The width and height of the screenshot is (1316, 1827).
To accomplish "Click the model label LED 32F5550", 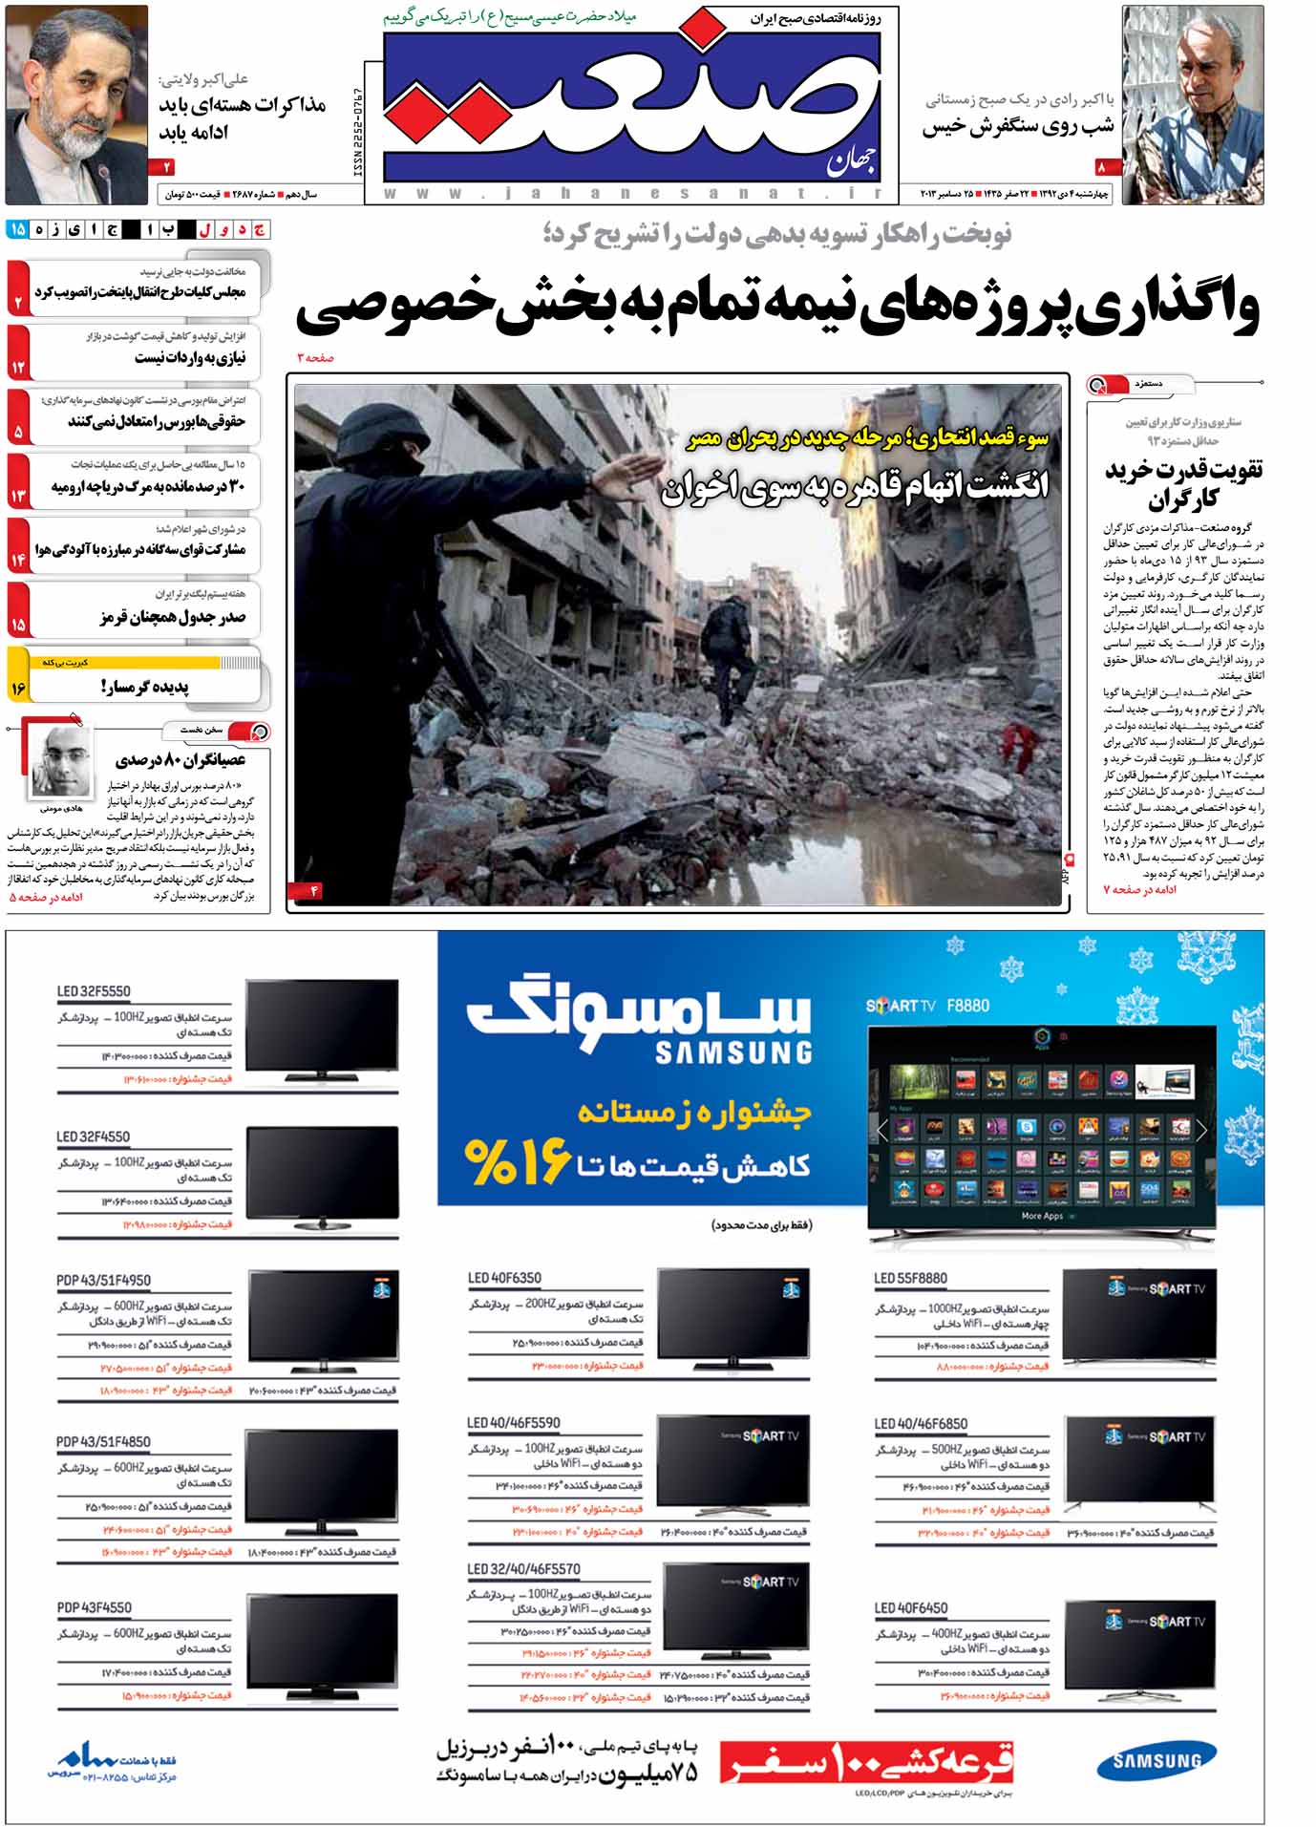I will [x=94, y=991].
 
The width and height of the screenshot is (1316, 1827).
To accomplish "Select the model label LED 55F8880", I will [x=910, y=1278].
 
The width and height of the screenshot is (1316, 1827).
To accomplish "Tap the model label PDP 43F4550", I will [x=94, y=1607].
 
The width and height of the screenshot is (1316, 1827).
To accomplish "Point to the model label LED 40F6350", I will [x=504, y=1278].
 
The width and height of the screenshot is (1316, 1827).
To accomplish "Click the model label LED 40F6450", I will [x=911, y=1607].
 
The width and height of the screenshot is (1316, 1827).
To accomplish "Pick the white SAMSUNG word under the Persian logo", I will [x=733, y=1052].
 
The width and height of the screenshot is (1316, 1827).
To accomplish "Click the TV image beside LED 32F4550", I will [x=322, y=1178].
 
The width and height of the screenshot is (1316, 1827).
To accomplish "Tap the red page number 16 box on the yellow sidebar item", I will [x=18, y=687].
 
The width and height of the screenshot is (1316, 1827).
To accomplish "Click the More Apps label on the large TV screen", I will [x=1041, y=1216].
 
